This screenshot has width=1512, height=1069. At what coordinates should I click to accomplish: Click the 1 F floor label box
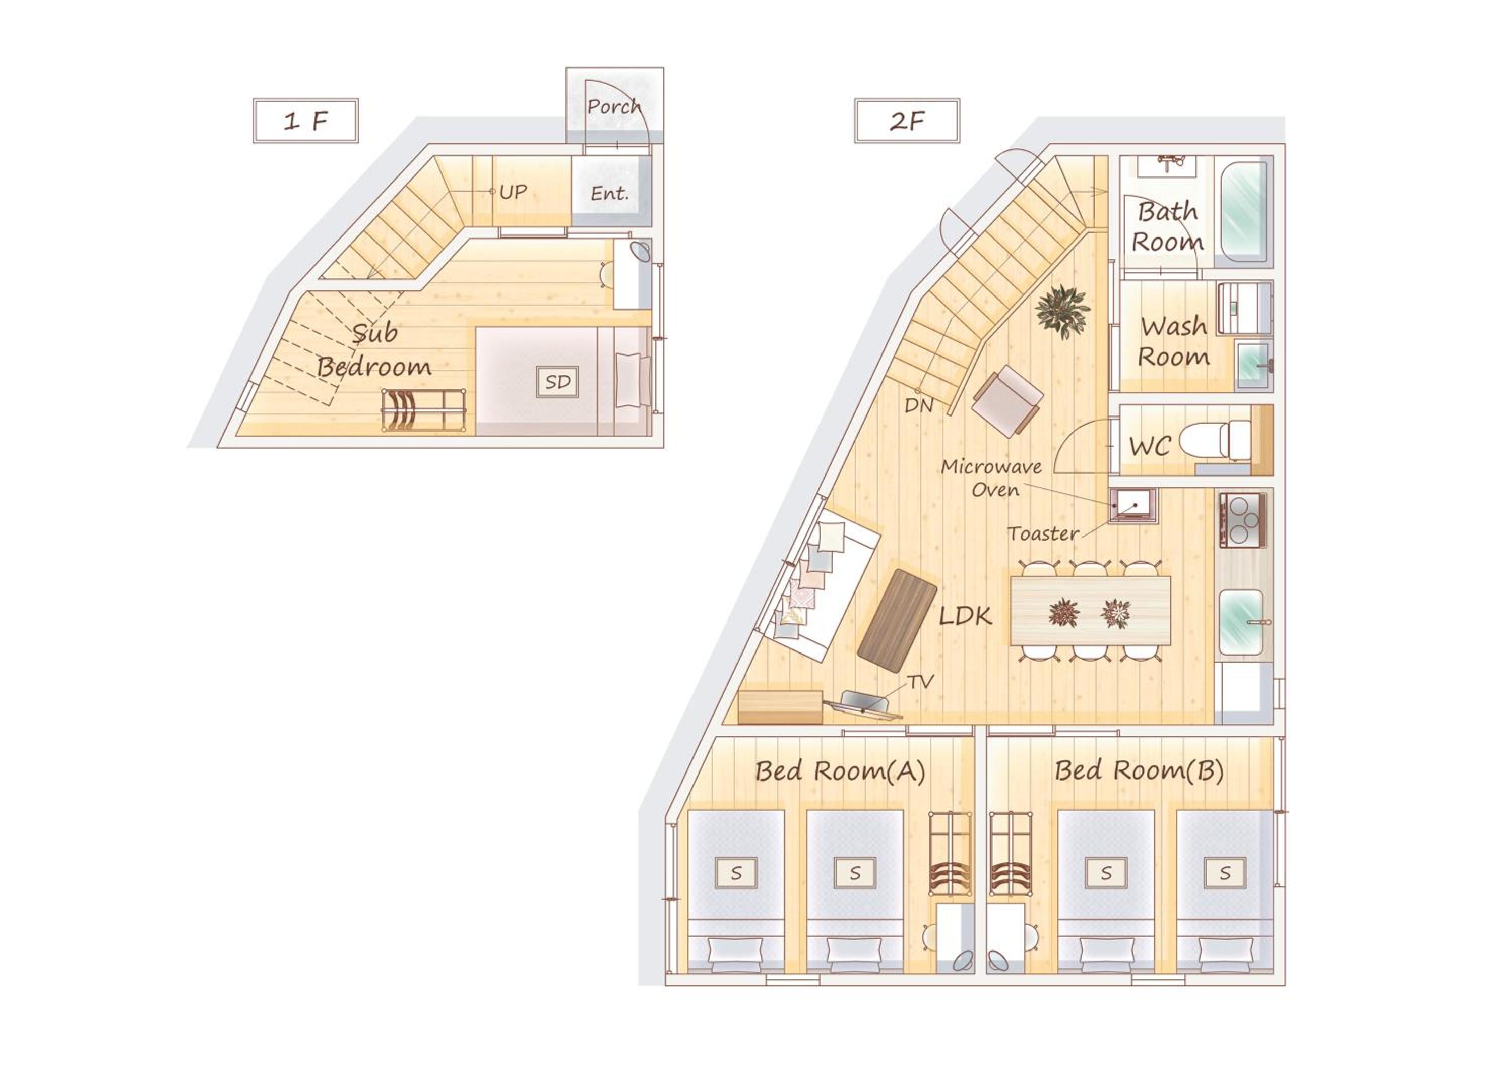[305, 121]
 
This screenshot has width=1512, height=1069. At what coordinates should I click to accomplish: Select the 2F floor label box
[907, 121]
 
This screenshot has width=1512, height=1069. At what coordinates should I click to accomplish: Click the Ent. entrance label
[609, 193]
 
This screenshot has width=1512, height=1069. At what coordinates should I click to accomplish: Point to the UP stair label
[513, 192]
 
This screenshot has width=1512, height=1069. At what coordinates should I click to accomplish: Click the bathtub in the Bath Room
[1244, 212]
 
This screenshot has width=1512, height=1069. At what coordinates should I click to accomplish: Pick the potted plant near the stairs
[1062, 312]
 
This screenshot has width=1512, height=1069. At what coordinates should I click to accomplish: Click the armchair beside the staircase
[1007, 401]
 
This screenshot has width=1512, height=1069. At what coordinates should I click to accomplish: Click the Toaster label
[1043, 533]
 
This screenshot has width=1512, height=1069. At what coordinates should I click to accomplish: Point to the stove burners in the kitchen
[1241, 520]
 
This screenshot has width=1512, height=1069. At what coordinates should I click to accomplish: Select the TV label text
[921, 682]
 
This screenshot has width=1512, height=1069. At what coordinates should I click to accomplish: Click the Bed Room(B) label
[1139, 770]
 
